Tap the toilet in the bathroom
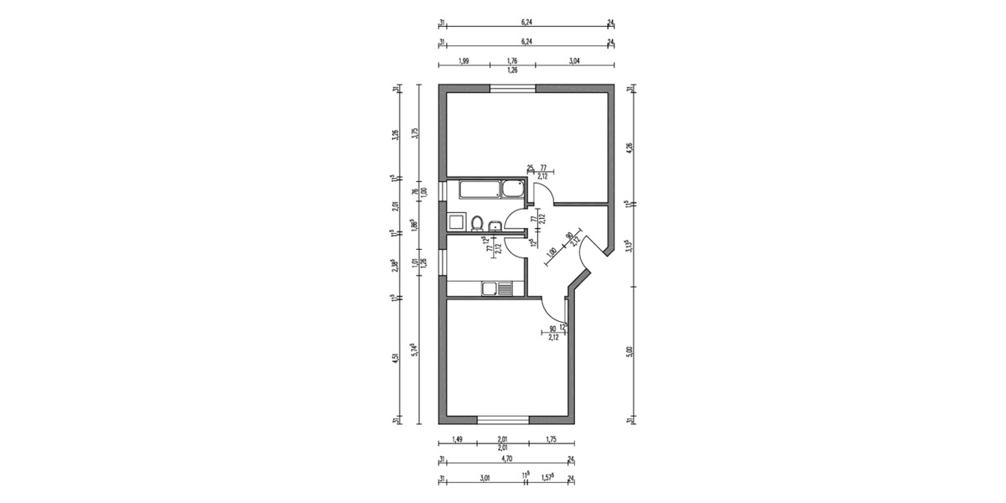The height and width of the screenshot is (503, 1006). (476, 223)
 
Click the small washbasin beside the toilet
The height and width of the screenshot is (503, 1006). (495, 224)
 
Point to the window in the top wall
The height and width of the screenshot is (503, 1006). (513, 89)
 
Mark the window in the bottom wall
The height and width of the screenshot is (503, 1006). (503, 419)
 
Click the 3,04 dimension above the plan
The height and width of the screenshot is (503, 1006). (573, 61)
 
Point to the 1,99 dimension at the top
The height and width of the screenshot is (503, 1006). (464, 61)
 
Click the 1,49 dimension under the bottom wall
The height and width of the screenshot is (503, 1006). (458, 439)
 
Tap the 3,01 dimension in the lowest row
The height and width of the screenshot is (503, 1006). (484, 479)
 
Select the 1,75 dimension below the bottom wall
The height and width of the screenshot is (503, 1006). (551, 439)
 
